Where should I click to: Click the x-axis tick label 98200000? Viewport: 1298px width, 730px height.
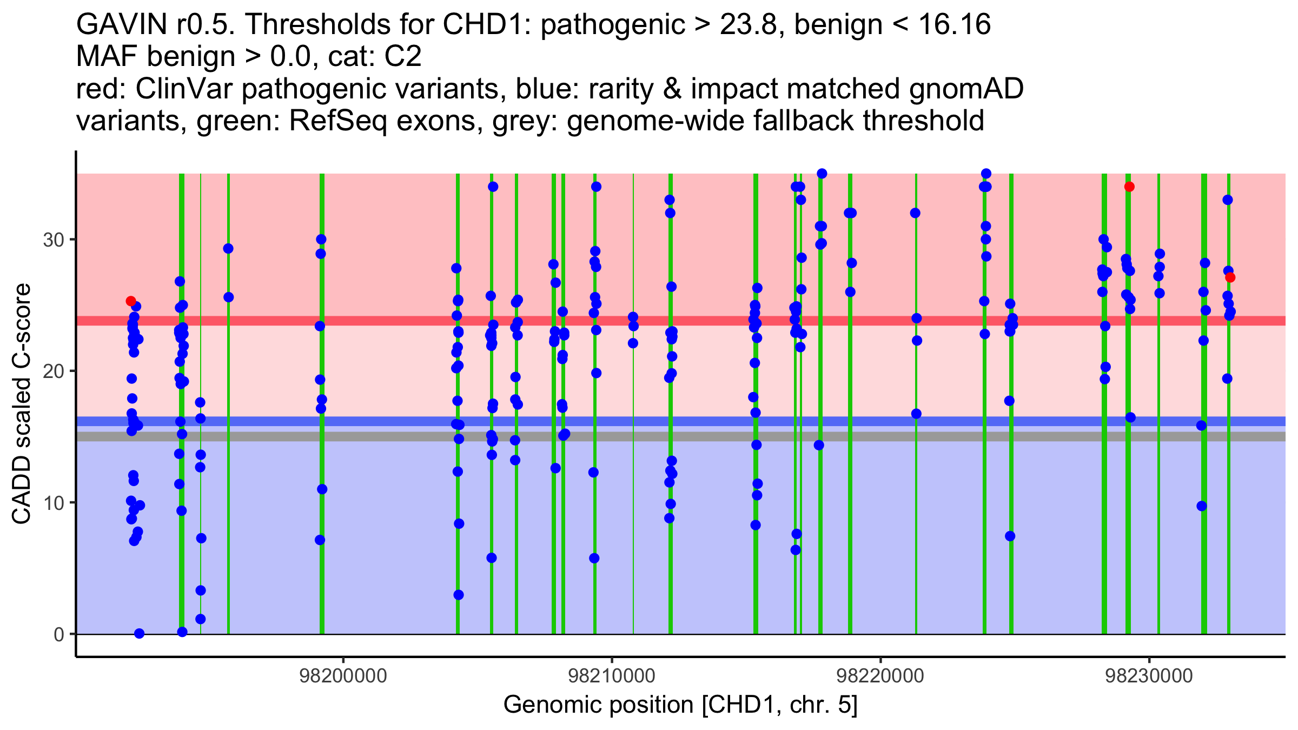pyautogui.click(x=343, y=676)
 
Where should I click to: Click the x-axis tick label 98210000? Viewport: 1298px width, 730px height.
pyautogui.click(x=612, y=676)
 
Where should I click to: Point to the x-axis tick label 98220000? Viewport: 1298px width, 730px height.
pyautogui.click(x=880, y=676)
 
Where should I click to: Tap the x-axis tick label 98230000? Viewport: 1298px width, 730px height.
pyautogui.click(x=1149, y=676)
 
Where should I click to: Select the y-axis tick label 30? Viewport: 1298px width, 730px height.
pyautogui.click(x=54, y=240)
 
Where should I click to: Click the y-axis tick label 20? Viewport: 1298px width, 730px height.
pyautogui.click(x=54, y=371)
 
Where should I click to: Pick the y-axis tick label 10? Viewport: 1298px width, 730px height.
pyautogui.click(x=54, y=503)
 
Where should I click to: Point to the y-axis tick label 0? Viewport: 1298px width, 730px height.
pyautogui.click(x=59, y=634)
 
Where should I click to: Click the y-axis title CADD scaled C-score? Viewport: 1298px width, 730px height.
pyautogui.click(x=22, y=404)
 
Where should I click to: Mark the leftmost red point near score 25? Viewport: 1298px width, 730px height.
pyautogui.click(x=131, y=301)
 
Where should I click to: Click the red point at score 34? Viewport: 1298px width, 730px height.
pyautogui.click(x=1129, y=187)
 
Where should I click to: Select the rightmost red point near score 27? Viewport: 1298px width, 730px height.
pyautogui.click(x=1230, y=278)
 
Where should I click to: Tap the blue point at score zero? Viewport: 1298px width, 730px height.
pyautogui.click(x=139, y=634)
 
